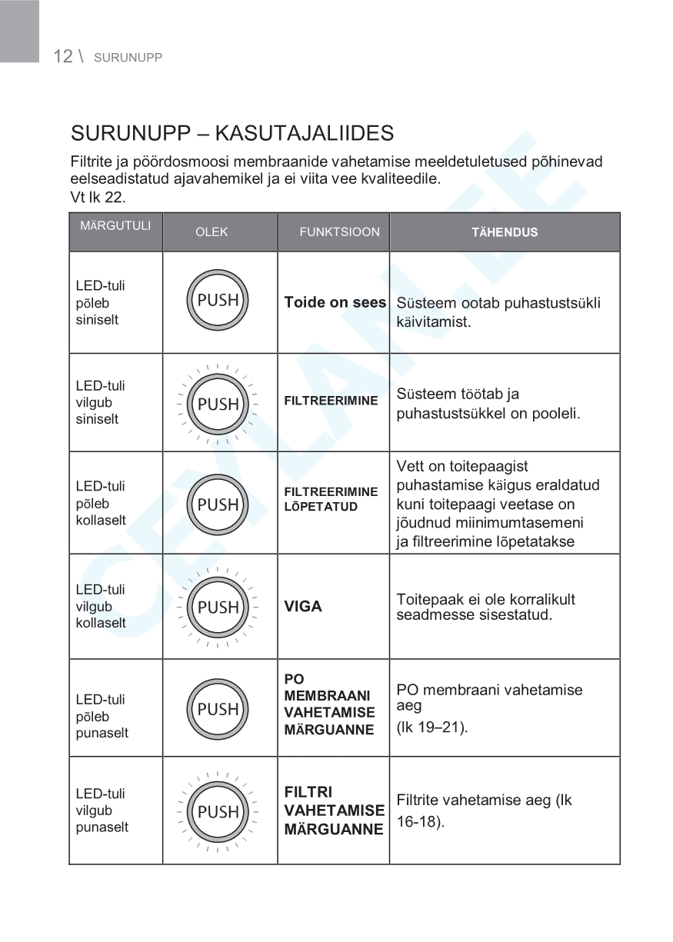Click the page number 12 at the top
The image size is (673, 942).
(x=62, y=56)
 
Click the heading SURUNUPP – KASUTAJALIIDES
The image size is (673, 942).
(x=232, y=133)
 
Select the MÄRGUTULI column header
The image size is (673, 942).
(x=115, y=226)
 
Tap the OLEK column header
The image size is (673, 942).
(x=212, y=231)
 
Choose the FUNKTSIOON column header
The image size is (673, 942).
(x=339, y=231)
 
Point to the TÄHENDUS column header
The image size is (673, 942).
(x=505, y=231)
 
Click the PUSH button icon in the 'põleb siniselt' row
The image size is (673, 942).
(x=218, y=301)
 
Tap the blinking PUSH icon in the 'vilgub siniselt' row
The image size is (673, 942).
(x=218, y=404)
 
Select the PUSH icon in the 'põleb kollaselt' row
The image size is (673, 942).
(x=218, y=504)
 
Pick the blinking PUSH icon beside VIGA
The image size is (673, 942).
(x=218, y=607)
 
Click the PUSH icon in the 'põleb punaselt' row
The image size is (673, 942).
(x=218, y=709)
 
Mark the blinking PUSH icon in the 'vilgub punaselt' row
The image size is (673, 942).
(x=218, y=811)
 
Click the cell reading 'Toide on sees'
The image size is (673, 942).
(x=335, y=302)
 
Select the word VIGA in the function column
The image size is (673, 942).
(x=303, y=607)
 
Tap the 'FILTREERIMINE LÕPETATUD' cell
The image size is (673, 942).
(x=331, y=499)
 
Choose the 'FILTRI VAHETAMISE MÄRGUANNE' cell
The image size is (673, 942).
(x=334, y=811)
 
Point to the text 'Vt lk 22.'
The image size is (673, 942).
(x=97, y=197)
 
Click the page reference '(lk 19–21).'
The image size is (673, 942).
(x=431, y=727)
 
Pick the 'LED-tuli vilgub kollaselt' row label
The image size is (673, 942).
(x=101, y=606)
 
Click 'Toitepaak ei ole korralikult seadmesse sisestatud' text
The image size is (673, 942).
(x=485, y=607)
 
